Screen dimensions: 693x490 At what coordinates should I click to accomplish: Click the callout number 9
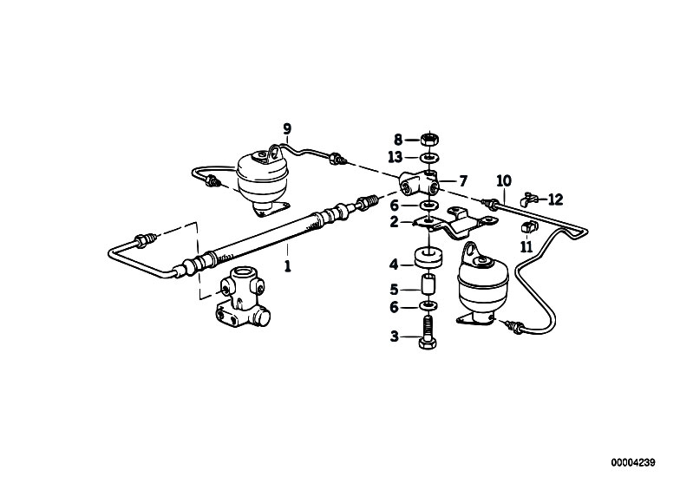pos(287,129)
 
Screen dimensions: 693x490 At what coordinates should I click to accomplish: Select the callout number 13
pos(396,157)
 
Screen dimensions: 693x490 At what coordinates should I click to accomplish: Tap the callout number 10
pos(504,180)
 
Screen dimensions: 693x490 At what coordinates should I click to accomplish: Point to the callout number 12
pos(556,199)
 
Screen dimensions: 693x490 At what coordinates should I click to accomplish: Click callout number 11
pos(526,247)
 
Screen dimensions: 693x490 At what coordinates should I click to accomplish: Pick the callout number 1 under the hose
pos(288,266)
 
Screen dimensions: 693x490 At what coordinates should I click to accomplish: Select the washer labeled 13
pos(428,157)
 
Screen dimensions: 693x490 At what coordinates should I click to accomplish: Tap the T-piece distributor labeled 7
pos(419,183)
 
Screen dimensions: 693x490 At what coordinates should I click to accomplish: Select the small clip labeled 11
pos(528,227)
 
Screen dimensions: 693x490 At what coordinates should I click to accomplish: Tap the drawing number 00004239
pos(633,462)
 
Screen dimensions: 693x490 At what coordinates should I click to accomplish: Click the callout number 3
pos(395,336)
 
